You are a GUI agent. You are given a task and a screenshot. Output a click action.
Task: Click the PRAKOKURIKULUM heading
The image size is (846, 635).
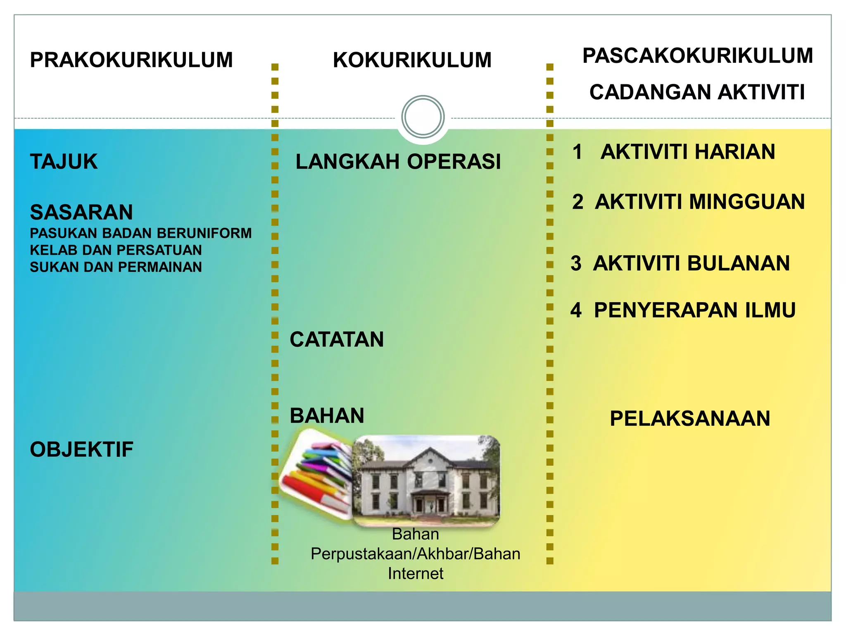point(131,60)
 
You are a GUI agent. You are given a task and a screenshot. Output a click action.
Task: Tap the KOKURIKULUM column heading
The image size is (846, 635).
point(412,60)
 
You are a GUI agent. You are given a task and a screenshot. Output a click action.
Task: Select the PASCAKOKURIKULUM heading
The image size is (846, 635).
point(697,56)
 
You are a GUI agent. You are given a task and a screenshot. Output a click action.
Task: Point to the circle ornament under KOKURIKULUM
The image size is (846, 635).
point(423,117)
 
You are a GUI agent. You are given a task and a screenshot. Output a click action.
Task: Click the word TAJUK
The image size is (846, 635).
point(64,162)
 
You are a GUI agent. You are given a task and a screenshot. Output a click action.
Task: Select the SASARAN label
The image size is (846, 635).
point(81,212)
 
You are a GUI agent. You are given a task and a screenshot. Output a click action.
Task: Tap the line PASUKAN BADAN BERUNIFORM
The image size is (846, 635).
point(140,234)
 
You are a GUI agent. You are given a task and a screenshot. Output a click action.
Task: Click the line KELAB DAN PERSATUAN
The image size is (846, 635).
point(116,251)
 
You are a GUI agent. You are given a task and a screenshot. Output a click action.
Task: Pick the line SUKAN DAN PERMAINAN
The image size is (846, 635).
point(116,267)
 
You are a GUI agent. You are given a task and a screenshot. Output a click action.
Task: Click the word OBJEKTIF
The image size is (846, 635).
point(81,450)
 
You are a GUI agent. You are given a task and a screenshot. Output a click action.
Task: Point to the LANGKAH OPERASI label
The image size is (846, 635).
point(398,162)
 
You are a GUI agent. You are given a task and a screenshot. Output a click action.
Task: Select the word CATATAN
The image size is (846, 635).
point(337,340)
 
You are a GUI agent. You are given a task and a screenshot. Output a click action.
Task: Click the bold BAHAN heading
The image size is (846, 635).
point(327,416)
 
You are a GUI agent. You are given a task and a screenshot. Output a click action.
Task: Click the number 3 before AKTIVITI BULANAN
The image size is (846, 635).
point(576,264)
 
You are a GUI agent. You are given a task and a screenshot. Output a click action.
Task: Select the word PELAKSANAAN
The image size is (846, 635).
point(690,419)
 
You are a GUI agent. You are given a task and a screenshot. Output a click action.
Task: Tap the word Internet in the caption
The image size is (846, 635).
point(415,574)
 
